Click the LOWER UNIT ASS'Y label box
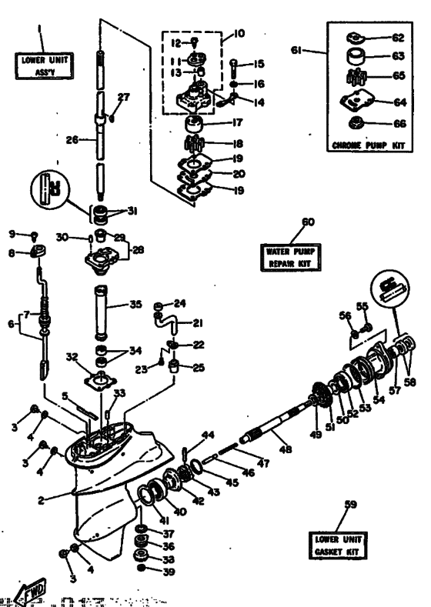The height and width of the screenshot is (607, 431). coord(40,64)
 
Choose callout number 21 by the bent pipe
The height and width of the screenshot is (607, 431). coord(199,322)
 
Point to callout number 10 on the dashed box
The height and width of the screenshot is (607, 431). coord(241,35)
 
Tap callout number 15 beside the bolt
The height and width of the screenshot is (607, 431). coord(260,63)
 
